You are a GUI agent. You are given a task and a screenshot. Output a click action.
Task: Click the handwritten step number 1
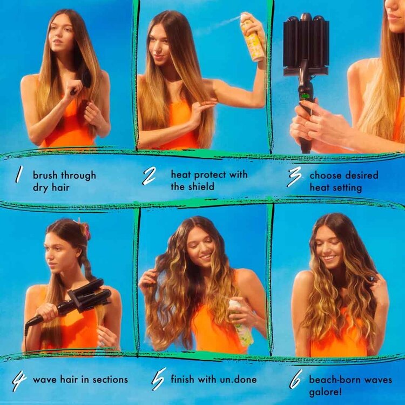click(x=19, y=174)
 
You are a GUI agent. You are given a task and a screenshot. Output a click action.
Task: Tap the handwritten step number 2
click(x=150, y=177)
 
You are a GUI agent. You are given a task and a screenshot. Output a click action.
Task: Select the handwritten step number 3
click(x=295, y=177)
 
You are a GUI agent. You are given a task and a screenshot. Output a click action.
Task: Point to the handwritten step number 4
click(x=19, y=381)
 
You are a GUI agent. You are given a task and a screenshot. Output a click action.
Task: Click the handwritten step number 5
click(x=158, y=381)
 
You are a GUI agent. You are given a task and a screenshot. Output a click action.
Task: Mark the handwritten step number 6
click(x=295, y=381)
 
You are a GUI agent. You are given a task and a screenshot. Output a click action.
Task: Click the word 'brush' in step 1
click(x=45, y=175)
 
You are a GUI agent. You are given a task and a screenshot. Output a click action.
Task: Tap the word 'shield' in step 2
click(x=202, y=187)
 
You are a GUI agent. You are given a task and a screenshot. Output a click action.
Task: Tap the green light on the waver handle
click(x=306, y=98)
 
